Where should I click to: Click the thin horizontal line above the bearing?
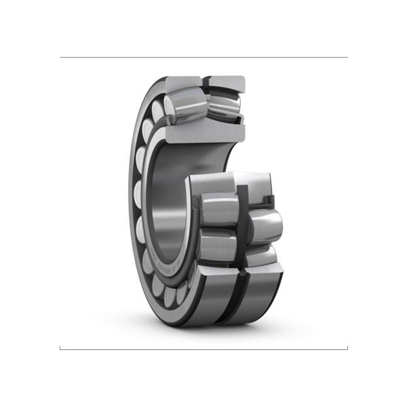coord(203,57)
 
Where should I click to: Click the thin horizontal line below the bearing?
coord(203,349)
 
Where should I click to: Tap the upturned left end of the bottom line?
coord(60,347)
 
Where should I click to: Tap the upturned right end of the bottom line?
coord(347,347)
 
